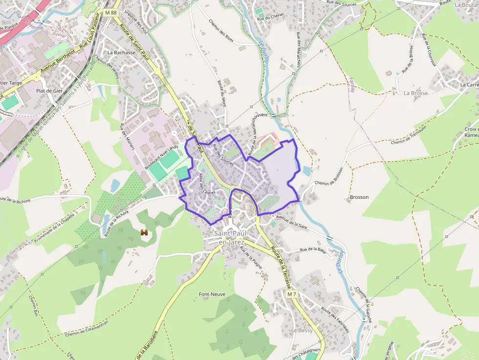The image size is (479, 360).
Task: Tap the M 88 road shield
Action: click(x=111, y=12)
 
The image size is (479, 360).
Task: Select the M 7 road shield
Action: click(x=292, y=295)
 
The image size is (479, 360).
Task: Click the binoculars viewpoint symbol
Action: click(x=144, y=233)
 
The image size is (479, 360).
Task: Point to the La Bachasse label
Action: click(x=121, y=52)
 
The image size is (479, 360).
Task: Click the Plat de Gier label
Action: click(x=50, y=91)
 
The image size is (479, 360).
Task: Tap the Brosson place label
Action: click(x=359, y=197)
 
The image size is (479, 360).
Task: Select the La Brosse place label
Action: click(x=415, y=93)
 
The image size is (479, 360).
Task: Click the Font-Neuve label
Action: click(x=212, y=294)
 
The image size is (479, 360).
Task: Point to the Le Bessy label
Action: click(x=302, y=331)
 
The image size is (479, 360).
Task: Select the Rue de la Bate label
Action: click(x=312, y=250)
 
